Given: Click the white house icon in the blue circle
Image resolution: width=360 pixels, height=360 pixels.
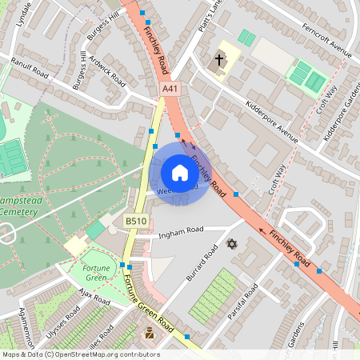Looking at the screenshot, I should (180, 173).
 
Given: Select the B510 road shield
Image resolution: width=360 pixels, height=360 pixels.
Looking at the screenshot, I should (134, 220).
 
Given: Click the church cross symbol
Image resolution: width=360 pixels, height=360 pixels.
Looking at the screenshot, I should (219, 60).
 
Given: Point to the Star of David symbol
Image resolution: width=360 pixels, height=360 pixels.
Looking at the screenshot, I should (233, 243).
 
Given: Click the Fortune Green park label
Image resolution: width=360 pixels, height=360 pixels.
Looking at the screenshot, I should (95, 273).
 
